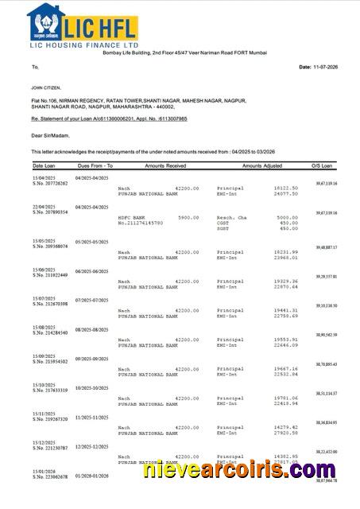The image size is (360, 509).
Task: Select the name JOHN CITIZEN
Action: point(46,88)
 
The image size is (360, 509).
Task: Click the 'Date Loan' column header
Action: point(44,165)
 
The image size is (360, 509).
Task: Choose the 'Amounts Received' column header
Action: point(165,165)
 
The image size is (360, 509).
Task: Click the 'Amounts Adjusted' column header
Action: point(262,165)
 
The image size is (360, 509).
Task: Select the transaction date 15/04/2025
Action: point(44,177)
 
